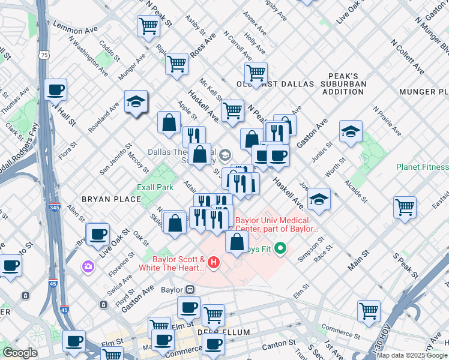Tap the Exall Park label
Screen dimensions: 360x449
[x=155, y=187]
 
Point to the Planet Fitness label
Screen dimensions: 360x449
[x=422, y=167]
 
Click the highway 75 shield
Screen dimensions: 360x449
[x=44, y=55]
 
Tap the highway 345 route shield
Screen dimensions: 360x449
[x=54, y=207]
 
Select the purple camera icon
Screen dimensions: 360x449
[x=89, y=265]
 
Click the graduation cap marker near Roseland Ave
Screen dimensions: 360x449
[x=136, y=102]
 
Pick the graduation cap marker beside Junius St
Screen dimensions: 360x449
[x=351, y=131]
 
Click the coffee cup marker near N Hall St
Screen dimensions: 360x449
[x=56, y=90]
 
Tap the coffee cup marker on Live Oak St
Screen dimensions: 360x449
[x=98, y=234]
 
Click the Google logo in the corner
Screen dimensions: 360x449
[x=20, y=353]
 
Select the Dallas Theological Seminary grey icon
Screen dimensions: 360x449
[x=224, y=155]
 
